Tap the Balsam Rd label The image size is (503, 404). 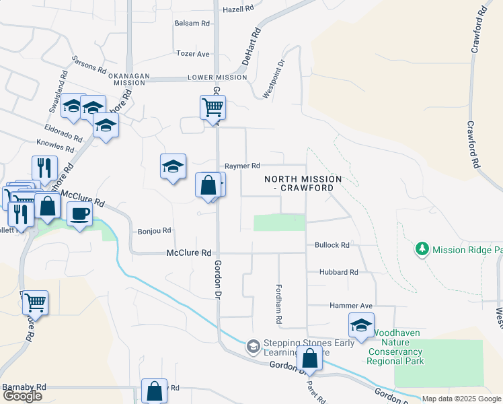click(192, 23)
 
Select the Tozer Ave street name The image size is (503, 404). click(193, 53)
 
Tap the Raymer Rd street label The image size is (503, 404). click(242, 166)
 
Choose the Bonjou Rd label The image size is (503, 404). click(155, 230)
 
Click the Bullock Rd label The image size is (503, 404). click(332, 245)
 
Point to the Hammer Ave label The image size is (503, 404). click(351, 306)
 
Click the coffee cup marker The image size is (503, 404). click(79, 214)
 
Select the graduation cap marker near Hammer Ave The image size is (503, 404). click(362, 325)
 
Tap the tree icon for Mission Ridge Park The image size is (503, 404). click(422, 249)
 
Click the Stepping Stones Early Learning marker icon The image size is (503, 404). click(253, 346)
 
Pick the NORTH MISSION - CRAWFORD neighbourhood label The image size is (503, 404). click(303, 183)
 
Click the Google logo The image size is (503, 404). click(22, 396)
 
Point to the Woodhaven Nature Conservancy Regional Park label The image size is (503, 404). click(395, 347)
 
